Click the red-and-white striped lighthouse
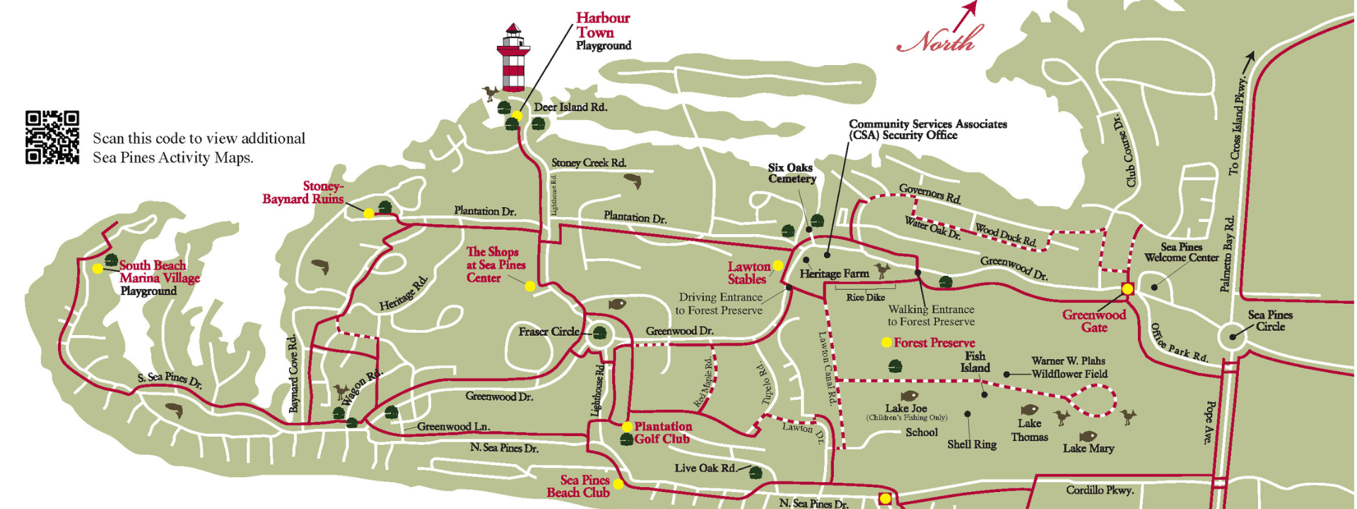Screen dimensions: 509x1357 pos(513,58)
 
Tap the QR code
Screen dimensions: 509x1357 pos(52,137)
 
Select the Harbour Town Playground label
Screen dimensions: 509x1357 pos(602,32)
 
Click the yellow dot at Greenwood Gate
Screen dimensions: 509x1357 pos(1128,288)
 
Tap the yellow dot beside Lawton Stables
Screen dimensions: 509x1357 pos(777,266)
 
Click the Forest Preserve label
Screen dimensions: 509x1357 pos(934,343)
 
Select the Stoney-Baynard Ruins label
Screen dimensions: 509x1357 pos(303,192)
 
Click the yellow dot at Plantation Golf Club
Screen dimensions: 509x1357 pos(627,427)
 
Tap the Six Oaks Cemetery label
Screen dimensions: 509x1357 pos(792,173)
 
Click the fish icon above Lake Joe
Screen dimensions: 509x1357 pos(909,397)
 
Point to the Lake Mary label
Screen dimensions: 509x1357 pos(1088,448)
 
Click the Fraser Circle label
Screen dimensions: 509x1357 pos(548,332)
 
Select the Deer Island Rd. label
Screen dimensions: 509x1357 pos(570,107)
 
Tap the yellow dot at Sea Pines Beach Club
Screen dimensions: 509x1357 pos(618,484)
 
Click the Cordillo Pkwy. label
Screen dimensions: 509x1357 pos(1100,490)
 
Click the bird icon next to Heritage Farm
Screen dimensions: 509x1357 pos(881,269)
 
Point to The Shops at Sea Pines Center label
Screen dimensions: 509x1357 pos(495,264)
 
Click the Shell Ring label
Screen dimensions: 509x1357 pos(971,445)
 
